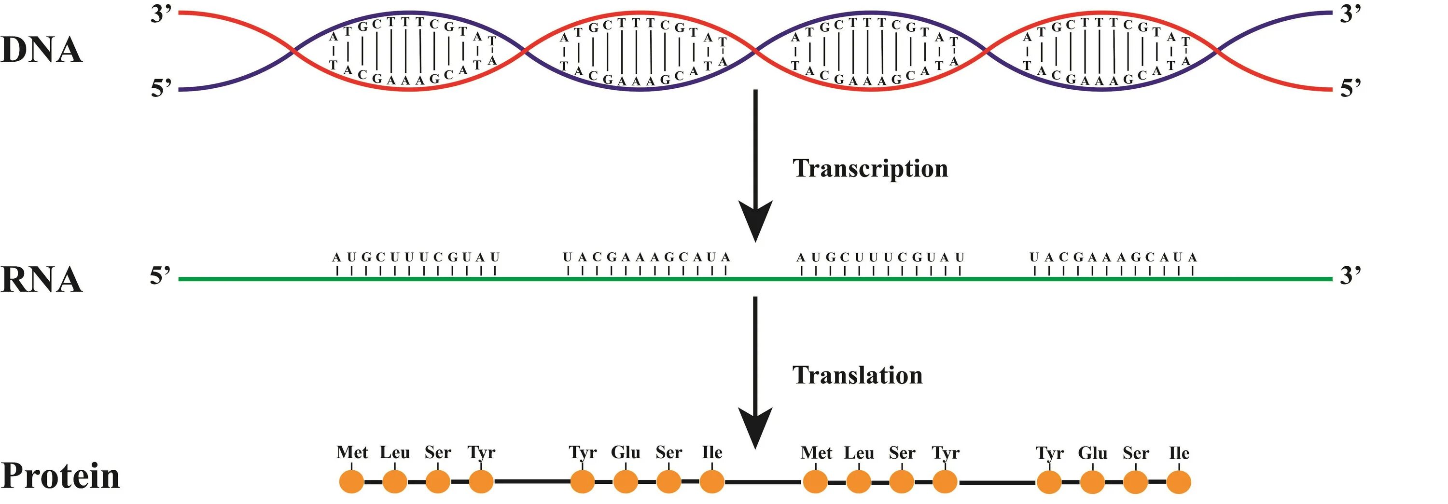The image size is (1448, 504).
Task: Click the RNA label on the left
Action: pos(42,279)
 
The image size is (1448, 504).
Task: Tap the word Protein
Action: pos(61,476)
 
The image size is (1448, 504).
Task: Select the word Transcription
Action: pos(870,168)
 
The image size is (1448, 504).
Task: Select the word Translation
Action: pos(857,375)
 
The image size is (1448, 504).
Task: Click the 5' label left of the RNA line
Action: pos(160,276)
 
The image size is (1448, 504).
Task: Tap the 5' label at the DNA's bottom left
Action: pos(161,88)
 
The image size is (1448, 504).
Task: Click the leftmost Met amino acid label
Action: pos(352,452)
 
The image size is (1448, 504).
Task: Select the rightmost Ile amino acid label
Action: pos(1179,452)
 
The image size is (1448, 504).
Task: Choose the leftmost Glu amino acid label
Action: pos(625,452)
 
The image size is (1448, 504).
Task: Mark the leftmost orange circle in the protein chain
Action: pos(352,481)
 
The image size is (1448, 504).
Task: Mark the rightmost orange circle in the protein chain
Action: pos(1179,482)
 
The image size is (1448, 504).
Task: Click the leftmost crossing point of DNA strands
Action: pos(293,52)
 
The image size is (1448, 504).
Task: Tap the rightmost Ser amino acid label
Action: pos(1135,452)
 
